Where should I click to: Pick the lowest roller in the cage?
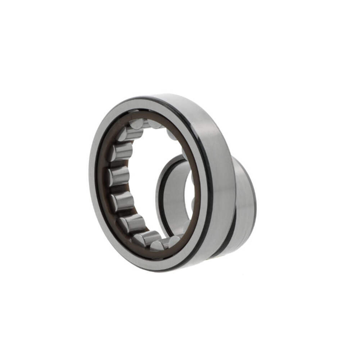click(158, 246)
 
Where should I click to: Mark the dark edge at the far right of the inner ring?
click(255, 209)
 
